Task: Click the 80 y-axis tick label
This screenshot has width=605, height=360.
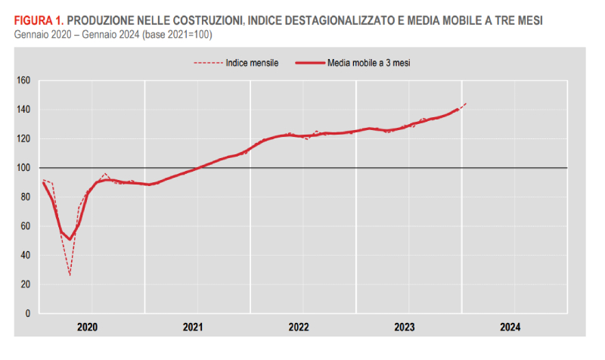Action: pos(24,197)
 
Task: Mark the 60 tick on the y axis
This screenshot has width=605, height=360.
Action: pos(24,226)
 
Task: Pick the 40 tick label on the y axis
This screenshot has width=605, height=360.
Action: pos(24,255)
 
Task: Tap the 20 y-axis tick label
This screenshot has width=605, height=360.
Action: pos(24,284)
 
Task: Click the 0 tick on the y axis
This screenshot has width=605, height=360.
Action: pos(26,313)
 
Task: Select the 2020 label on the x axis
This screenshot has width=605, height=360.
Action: pos(88,327)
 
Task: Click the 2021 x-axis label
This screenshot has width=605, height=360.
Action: pos(193,327)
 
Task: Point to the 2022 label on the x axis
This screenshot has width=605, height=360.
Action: pos(299,327)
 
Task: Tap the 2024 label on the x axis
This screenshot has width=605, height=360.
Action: pos(510,327)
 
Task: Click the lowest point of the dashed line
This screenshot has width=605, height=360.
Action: pos(70,275)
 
